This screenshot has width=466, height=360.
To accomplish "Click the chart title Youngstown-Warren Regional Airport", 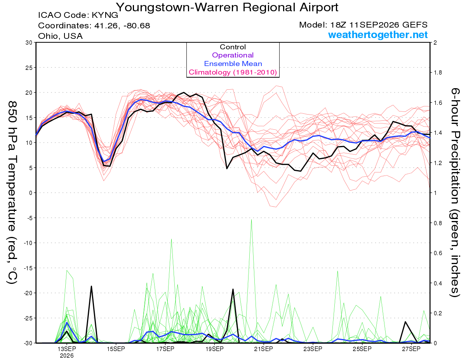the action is point(227,7).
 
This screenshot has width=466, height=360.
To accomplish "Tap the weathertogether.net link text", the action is point(377,35).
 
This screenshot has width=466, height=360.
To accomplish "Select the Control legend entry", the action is point(233,47).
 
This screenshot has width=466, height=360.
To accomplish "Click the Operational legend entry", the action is point(233,55).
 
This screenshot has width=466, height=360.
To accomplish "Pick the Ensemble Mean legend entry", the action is point(233,64).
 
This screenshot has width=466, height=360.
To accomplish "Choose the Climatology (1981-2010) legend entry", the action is point(233,72).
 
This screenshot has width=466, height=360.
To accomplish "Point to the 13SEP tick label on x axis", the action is point(67,349).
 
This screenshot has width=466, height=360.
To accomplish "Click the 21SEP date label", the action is point(264,349).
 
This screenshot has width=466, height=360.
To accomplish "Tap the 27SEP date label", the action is point(411,349).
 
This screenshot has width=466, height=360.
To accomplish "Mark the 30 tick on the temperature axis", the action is point(29,43).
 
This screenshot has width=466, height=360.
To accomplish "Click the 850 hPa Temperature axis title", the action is point(12,193).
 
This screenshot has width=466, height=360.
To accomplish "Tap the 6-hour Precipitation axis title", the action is point(455,193).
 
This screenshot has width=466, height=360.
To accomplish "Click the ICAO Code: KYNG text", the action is point(78,15).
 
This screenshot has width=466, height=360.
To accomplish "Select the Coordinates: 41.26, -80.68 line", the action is point(94,26).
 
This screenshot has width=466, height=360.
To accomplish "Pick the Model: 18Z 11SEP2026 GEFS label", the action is point(363,25).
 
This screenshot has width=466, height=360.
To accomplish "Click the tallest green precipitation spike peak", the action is point(251,219).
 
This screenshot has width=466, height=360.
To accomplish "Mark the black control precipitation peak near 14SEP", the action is point(91,286).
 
